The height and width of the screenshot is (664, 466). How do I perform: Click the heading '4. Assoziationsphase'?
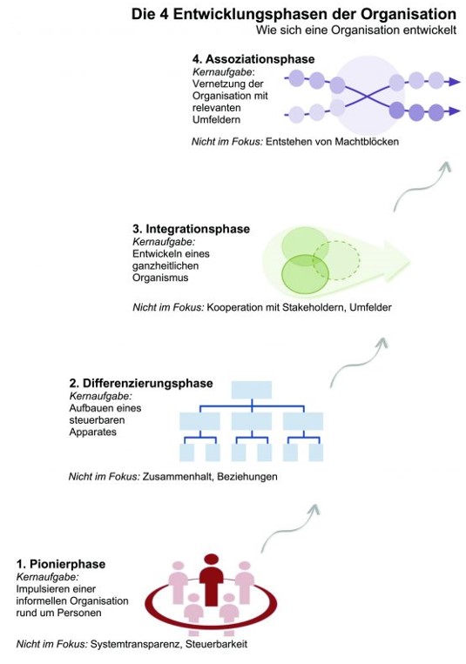pos(253,59)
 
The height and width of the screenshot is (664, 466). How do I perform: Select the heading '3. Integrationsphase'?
pos(192,229)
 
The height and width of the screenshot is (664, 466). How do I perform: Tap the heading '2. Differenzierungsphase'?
pos(141,383)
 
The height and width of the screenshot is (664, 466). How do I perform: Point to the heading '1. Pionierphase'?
pos(61,564)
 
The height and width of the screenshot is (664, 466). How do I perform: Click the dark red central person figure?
pos(211,580)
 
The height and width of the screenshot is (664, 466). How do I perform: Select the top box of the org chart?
pos(252,390)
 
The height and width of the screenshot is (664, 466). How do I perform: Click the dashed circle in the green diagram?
pos(336,260)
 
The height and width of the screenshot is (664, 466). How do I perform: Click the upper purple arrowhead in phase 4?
pos(454,82)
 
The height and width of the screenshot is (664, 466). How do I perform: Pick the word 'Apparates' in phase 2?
pos(93,433)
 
